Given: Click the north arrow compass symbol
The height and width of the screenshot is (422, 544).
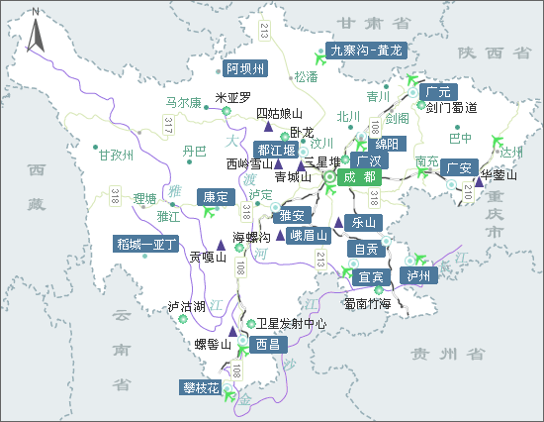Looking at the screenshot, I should coord(36,30).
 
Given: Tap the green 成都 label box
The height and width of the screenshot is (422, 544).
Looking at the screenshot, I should coord(357,177).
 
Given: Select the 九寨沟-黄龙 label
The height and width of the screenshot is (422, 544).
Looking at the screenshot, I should coord(366,50).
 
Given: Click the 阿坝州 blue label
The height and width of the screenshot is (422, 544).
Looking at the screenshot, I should coord(245,68).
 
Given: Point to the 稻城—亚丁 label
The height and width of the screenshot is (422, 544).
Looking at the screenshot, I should coord(146,243).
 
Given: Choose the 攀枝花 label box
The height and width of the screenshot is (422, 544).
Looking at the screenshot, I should coord(200,387).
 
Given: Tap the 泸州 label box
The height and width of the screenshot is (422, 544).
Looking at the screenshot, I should coord(418,274).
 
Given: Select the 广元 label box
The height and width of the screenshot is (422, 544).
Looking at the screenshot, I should coord(438,91).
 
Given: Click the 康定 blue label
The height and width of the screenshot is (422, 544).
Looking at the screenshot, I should coord(217,196).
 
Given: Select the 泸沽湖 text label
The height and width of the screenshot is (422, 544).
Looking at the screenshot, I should coord(186,306).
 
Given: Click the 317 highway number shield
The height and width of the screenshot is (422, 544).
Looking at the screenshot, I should coord(168,124).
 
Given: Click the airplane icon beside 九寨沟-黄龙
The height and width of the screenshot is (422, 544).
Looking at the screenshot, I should coord(318,52).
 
